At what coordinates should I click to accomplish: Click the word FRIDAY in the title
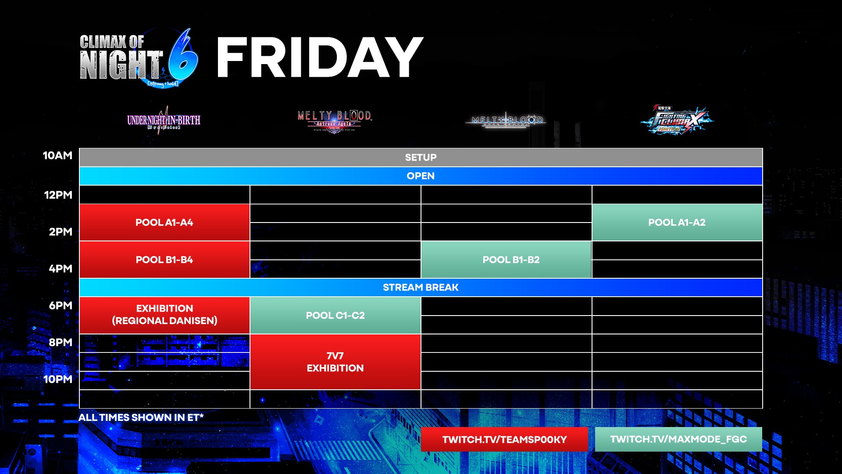[x=319, y=58]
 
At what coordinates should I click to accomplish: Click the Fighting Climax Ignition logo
[x=677, y=120]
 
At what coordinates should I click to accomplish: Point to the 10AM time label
[x=57, y=155]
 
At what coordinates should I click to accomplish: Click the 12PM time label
[x=58, y=195]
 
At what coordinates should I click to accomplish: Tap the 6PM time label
[x=60, y=305]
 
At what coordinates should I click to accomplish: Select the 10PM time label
[x=57, y=379]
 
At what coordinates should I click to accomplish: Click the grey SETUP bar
[x=421, y=158]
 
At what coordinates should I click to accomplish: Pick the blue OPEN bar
[x=421, y=176]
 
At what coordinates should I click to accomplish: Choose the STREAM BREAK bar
[x=421, y=287]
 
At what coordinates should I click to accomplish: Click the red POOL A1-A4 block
[x=164, y=223]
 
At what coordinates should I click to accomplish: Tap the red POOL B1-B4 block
[x=164, y=260]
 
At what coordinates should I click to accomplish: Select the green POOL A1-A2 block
[x=677, y=223]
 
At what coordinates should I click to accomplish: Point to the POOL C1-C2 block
[x=335, y=316]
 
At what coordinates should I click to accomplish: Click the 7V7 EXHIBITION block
[x=335, y=362]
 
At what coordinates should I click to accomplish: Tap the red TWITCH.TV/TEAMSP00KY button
[x=504, y=439]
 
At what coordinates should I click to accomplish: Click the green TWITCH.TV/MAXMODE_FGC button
[x=678, y=439]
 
